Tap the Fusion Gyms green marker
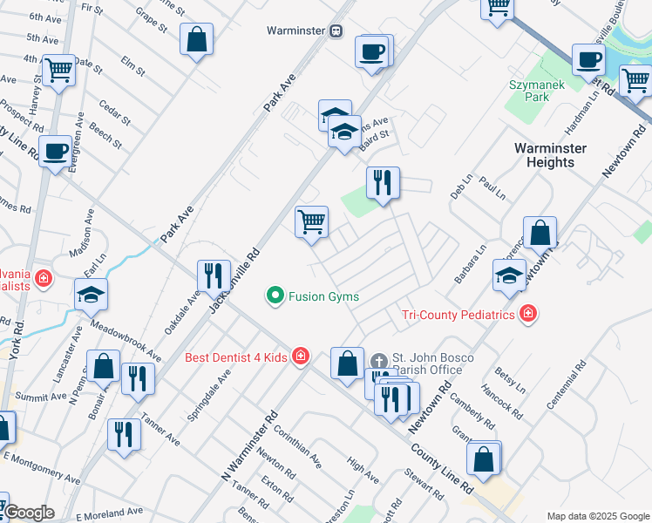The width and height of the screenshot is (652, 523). click(276, 296)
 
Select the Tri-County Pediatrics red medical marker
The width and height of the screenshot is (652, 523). click(526, 314)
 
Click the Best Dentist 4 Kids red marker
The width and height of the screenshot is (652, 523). click(301, 356)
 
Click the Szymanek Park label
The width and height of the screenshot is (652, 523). click(530, 91)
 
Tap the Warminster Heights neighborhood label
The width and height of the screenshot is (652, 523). click(550, 154)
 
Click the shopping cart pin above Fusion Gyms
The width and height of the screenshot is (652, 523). click(311, 222)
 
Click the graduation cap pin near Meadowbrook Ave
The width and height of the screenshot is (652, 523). click(91, 295)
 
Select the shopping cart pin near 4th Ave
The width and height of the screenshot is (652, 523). click(58, 70)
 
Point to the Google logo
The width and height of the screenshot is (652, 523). click(28, 513)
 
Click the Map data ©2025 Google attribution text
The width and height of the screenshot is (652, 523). click(597, 516)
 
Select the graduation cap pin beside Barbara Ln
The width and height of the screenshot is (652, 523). click(509, 275)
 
